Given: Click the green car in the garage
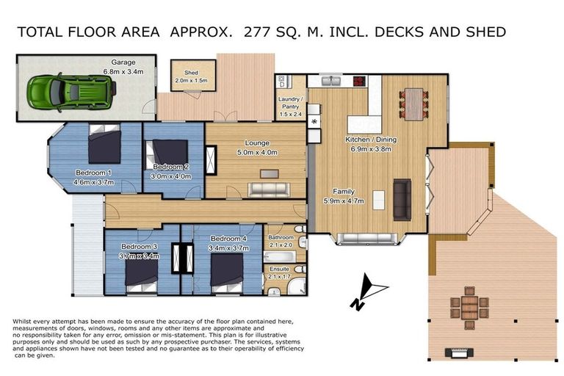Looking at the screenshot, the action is [x=72, y=92].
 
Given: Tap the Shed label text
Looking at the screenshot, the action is [x=192, y=73].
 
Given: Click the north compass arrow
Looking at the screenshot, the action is [x=369, y=292].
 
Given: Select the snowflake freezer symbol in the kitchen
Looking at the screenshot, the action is [x=314, y=122].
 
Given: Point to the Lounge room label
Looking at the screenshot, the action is [x=257, y=143].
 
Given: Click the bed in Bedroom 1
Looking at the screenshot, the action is [x=105, y=144].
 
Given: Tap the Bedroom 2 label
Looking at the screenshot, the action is [x=171, y=167].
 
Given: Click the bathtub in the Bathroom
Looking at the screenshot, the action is [x=280, y=256].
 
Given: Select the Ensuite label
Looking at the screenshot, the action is [x=280, y=269].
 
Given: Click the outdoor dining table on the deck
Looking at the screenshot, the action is [x=469, y=308].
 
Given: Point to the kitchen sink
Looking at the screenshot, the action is [x=332, y=81].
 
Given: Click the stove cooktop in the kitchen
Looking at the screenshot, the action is [x=359, y=81].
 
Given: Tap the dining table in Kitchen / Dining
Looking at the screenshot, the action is [x=413, y=104].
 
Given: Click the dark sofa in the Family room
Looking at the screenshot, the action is [x=402, y=199].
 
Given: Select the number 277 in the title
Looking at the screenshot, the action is [x=257, y=32].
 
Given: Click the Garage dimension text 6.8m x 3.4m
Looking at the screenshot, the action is [x=123, y=72].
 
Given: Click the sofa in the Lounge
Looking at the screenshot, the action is [x=269, y=189].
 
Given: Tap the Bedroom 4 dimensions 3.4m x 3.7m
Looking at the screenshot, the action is [x=228, y=248].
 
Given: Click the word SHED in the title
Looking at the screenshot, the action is [x=486, y=32].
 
